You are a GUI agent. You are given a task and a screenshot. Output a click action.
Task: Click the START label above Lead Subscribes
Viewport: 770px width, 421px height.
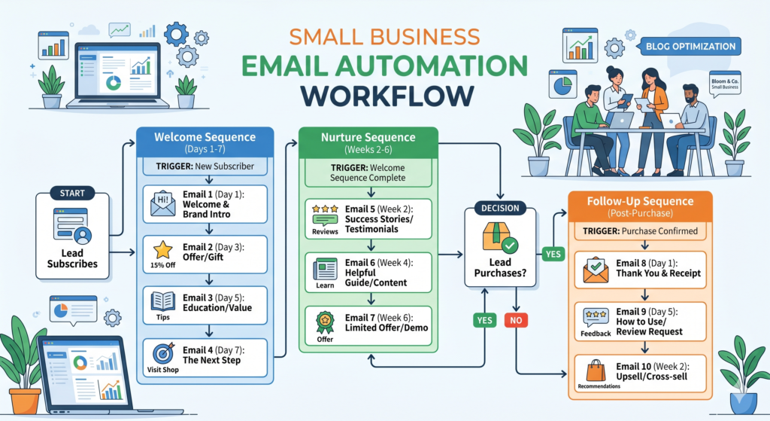tap(72, 193)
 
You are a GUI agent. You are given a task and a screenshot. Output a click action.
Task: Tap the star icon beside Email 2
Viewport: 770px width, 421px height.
tap(163, 249)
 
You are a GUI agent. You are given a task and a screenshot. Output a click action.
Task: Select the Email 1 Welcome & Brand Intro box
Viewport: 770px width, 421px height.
tap(204, 204)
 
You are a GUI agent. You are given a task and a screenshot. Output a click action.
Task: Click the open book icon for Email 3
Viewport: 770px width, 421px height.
tap(163, 300)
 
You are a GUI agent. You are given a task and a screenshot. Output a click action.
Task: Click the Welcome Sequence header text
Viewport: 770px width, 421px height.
tap(204, 139)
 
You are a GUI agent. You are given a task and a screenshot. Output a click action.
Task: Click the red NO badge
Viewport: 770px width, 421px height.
tap(517, 321)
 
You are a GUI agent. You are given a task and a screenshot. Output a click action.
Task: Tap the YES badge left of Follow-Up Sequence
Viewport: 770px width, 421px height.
tap(553, 254)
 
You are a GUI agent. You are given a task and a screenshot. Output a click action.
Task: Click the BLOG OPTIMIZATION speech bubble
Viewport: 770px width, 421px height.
tap(690, 47)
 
